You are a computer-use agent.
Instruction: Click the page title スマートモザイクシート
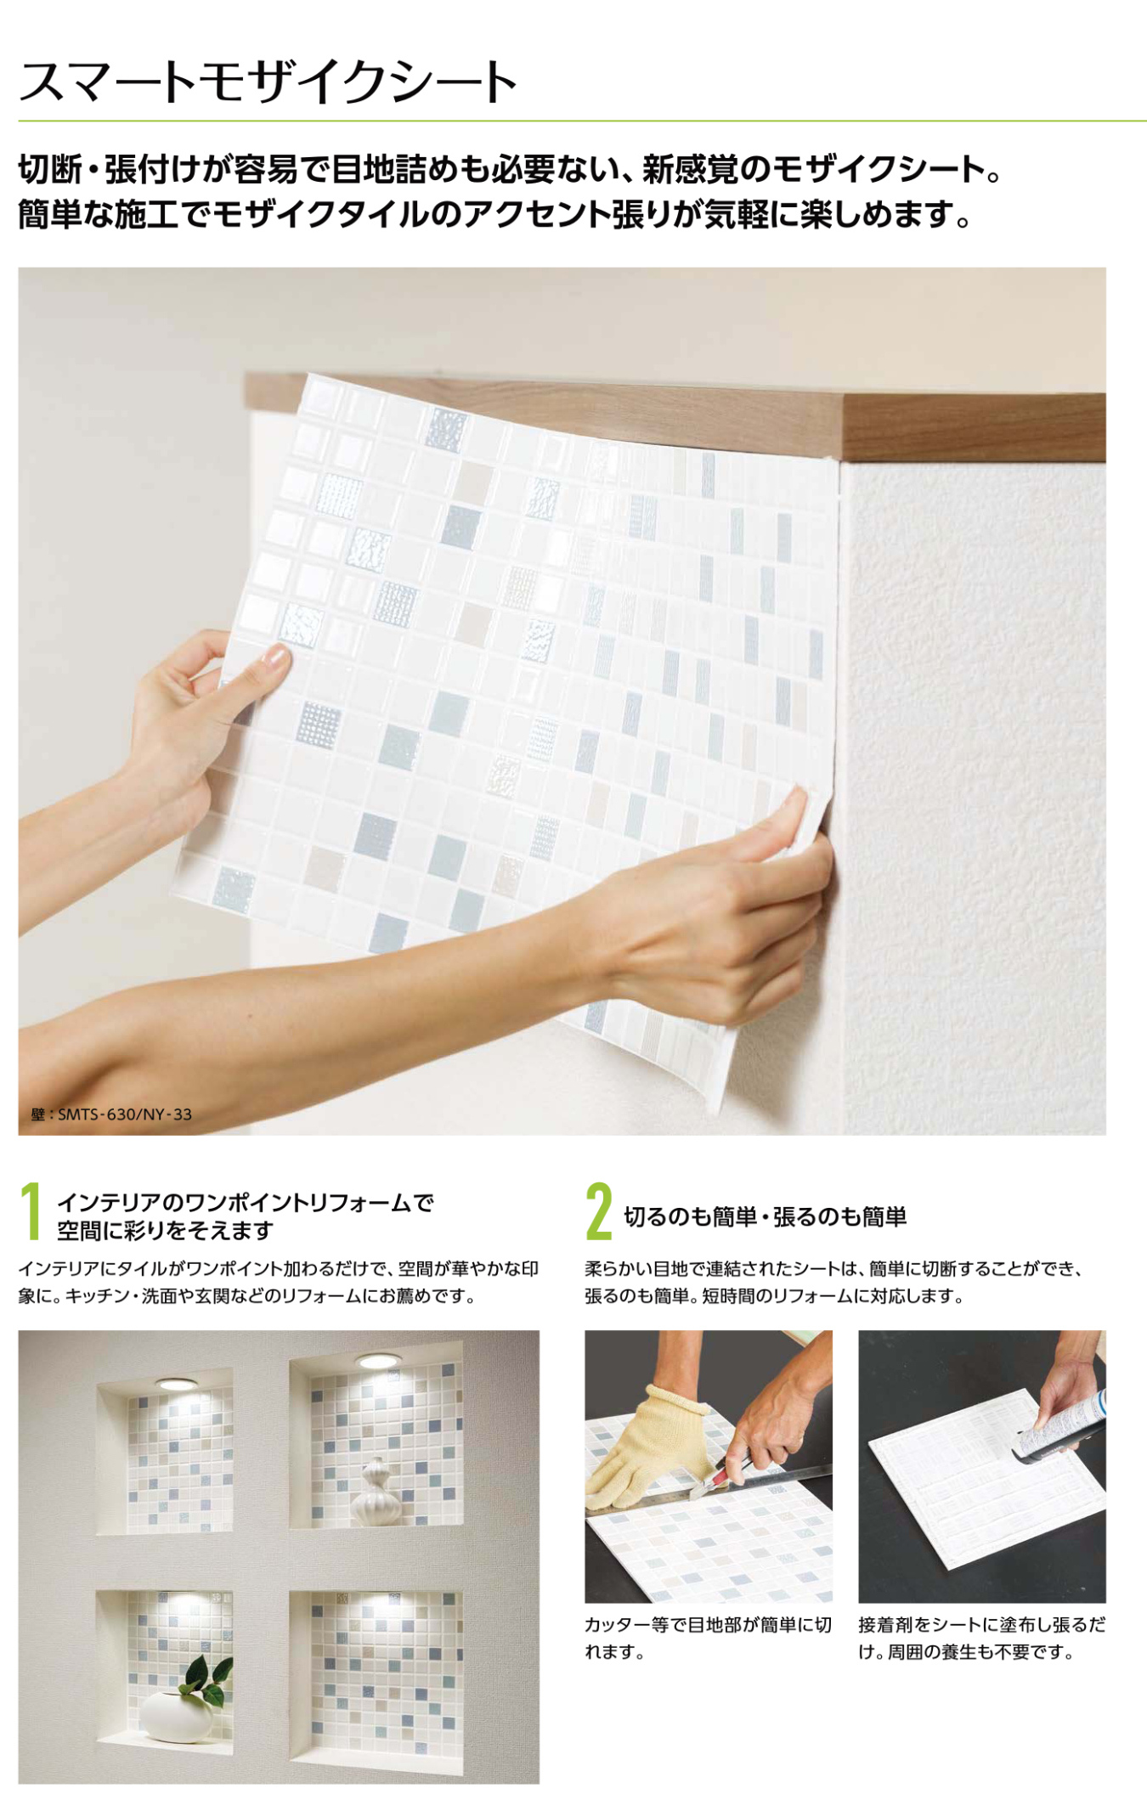tap(268, 82)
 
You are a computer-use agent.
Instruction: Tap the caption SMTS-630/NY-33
tap(125, 1114)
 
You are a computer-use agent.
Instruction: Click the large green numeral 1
tap(31, 1212)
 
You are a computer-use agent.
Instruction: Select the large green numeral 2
tap(599, 1212)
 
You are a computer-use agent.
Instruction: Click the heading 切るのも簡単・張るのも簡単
tap(766, 1217)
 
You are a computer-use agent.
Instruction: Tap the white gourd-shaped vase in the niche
tap(375, 1492)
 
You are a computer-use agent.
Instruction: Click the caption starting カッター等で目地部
tap(708, 1638)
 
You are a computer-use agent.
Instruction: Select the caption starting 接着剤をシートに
tap(981, 1638)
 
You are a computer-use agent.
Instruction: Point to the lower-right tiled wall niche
tap(376, 1682)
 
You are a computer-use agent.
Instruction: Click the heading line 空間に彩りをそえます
tap(166, 1231)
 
